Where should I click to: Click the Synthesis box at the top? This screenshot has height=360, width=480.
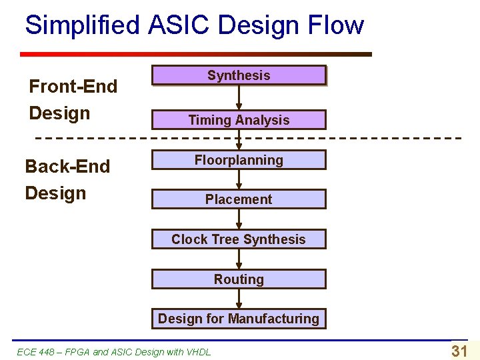pyautogui.click(x=239, y=75)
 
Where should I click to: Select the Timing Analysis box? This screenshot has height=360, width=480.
pyautogui.click(x=239, y=120)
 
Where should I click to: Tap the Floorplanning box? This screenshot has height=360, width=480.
pyautogui.click(x=239, y=160)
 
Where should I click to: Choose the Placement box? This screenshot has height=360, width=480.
pyautogui.click(x=239, y=199)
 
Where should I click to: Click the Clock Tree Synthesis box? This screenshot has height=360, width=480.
pyautogui.click(x=239, y=239)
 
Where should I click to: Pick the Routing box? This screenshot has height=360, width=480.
pyautogui.click(x=239, y=279)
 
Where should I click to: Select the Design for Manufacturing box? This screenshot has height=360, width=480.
pyautogui.click(x=239, y=319)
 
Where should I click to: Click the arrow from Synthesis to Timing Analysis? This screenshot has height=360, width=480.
pyautogui.click(x=239, y=97)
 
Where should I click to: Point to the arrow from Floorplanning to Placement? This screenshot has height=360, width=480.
pyautogui.click(x=239, y=179)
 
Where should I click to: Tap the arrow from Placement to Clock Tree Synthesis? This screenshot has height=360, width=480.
pyautogui.click(x=239, y=219)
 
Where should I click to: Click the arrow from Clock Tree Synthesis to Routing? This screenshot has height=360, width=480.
pyautogui.click(x=239, y=259)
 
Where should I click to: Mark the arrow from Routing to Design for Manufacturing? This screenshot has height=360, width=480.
pyautogui.click(x=239, y=299)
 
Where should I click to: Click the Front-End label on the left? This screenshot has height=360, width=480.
pyautogui.click(x=73, y=86)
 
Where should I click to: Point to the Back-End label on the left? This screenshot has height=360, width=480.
pyautogui.click(x=67, y=166)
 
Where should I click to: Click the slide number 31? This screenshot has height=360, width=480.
pyautogui.click(x=459, y=351)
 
